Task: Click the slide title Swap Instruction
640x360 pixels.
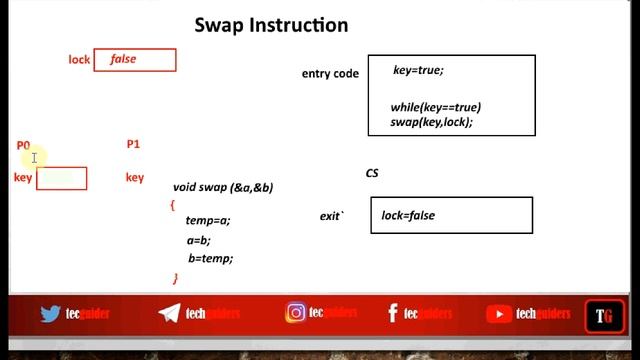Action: (271, 25)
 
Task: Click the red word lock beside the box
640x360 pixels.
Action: (79, 60)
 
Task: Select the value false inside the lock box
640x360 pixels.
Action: (123, 59)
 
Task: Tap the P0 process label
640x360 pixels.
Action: (23, 146)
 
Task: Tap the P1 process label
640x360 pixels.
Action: (133, 144)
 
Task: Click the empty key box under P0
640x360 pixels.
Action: (62, 178)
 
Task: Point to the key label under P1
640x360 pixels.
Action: (134, 178)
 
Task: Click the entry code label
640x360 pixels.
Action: (330, 74)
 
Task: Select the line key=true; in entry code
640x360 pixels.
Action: (418, 70)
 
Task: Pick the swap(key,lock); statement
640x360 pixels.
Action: (431, 122)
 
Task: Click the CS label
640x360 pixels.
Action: (372, 173)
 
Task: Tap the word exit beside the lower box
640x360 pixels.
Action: (331, 216)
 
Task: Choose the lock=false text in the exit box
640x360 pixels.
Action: (408, 215)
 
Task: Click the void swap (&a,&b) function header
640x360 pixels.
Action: (223, 187)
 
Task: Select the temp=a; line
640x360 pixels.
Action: (208, 220)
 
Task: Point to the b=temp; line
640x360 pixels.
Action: (210, 258)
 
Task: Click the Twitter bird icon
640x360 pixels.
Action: (51, 314)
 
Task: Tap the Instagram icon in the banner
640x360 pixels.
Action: (295, 313)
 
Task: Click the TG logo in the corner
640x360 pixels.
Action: (604, 316)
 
